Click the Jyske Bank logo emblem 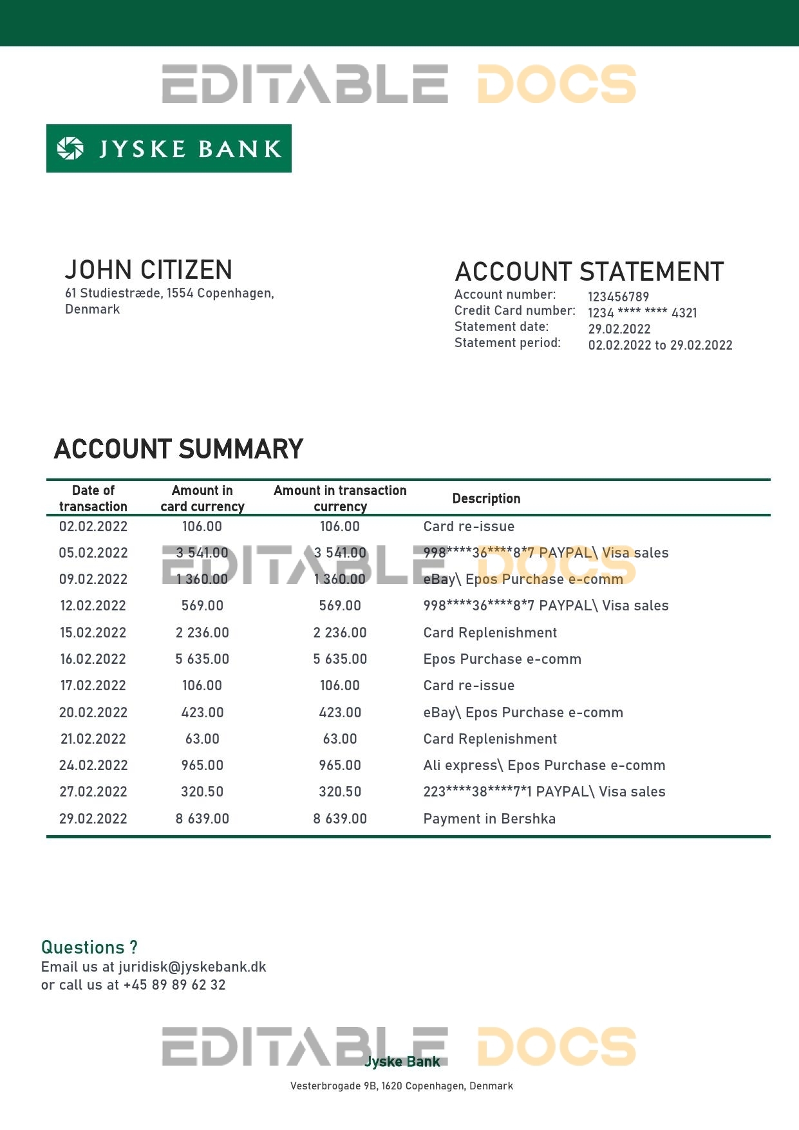[70, 149]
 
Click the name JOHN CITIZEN [149, 270]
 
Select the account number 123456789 [618, 297]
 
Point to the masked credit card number [642, 313]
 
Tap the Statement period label [507, 343]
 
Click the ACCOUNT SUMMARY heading [178, 449]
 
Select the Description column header [486, 498]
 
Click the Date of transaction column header [93, 498]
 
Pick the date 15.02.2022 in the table [93, 632]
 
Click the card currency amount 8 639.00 [202, 818]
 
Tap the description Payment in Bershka [489, 818]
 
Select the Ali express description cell [544, 765]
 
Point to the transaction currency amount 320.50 [340, 791]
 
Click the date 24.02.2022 [93, 765]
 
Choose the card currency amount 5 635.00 [202, 659]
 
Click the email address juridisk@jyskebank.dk [192, 967]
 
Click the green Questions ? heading [89, 947]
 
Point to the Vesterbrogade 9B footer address [402, 1086]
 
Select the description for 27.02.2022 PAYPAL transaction [544, 791]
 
